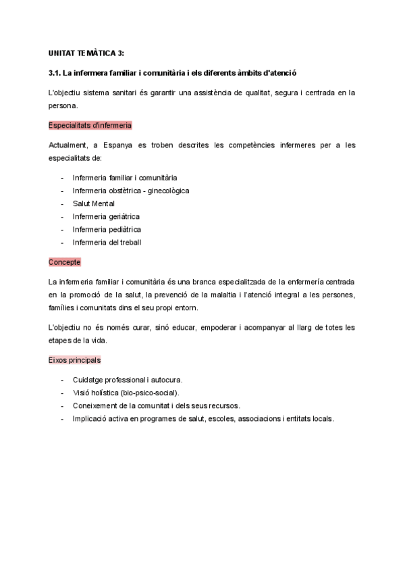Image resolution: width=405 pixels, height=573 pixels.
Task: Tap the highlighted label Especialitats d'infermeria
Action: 90,125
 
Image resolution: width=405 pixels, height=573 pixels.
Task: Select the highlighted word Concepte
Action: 65,261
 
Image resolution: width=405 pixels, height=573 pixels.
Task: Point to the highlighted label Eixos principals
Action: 74,360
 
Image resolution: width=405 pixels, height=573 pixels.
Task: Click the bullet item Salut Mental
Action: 94,203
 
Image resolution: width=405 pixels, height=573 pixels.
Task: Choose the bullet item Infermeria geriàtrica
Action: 106,216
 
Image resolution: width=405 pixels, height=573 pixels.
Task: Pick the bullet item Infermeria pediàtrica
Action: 107,230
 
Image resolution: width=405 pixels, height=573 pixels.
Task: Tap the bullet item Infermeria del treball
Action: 107,243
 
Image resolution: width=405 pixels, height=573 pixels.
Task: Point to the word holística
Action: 105,393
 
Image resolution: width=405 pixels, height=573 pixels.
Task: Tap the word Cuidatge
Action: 88,380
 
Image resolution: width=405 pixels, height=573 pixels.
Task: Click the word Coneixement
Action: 95,406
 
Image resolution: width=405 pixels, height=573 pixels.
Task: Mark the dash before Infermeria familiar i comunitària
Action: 62,178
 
